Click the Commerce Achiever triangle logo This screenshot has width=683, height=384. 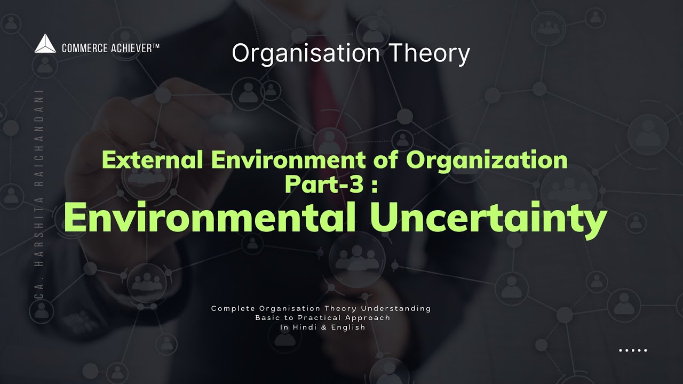(x=45, y=44)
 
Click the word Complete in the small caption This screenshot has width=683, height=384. (x=231, y=309)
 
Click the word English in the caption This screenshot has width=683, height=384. (x=349, y=327)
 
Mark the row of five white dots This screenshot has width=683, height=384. (x=633, y=350)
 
